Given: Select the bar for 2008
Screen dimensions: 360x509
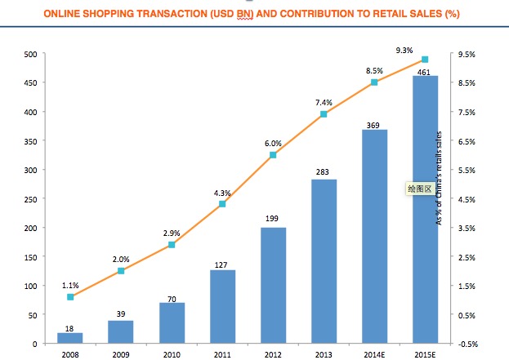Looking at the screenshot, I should [70, 338].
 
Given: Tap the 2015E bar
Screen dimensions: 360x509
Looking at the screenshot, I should [425, 209].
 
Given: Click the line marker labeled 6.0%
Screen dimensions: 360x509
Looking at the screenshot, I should [273, 155].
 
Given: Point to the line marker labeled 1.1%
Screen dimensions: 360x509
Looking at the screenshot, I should [70, 296].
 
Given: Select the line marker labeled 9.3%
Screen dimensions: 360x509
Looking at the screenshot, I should [425, 60].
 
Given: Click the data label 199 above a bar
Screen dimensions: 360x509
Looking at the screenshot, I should [273, 220].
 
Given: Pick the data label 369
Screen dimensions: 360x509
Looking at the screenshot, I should [374, 124].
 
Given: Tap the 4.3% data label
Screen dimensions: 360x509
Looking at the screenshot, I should [222, 193].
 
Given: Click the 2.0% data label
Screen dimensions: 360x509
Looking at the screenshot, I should [121, 259].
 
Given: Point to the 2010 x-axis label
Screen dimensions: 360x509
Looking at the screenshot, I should [172, 355].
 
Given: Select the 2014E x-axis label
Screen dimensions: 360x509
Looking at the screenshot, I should [374, 355].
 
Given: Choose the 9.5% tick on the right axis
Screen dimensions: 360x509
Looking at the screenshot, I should [467, 54].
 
